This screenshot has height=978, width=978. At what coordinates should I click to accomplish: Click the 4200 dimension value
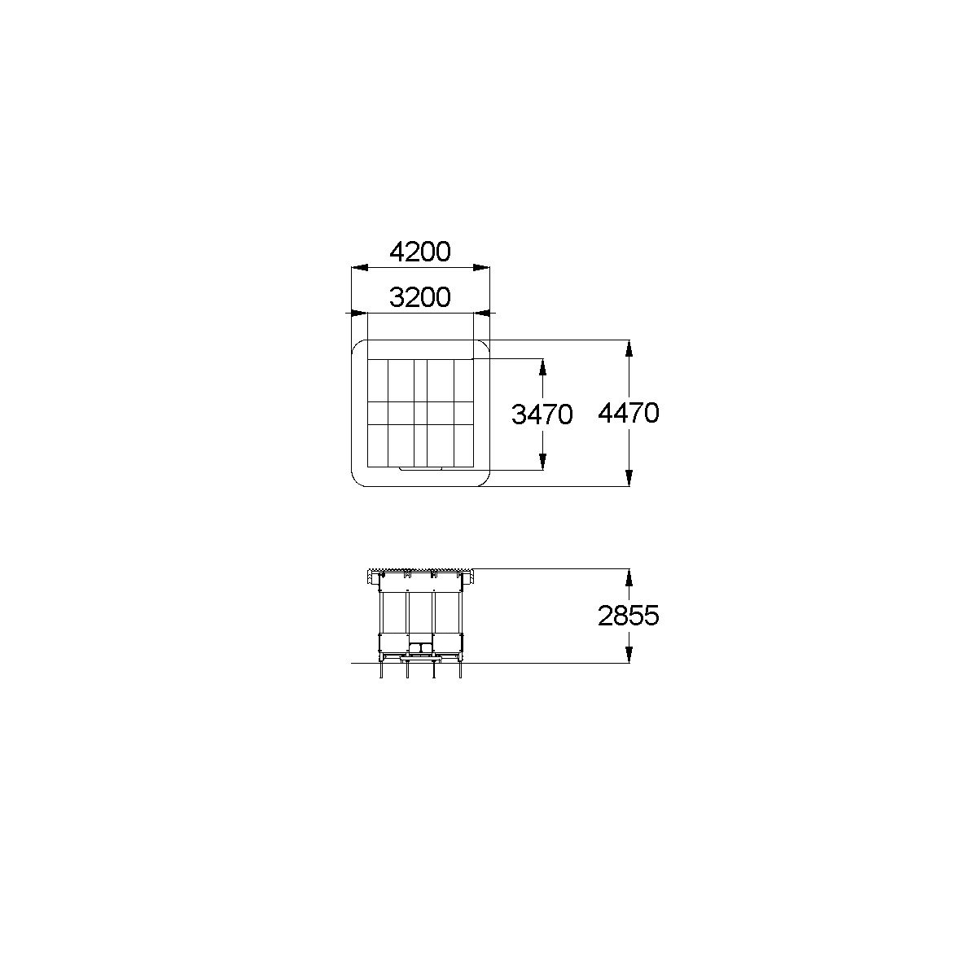click(x=419, y=252)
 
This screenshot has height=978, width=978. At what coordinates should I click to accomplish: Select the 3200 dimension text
click(x=419, y=297)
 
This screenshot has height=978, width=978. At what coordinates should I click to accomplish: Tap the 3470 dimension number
click(x=542, y=414)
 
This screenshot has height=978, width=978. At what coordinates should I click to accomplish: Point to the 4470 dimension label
click(x=629, y=413)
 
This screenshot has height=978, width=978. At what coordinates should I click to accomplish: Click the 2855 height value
click(x=629, y=616)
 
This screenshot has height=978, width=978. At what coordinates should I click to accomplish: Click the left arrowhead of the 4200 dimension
click(x=360, y=268)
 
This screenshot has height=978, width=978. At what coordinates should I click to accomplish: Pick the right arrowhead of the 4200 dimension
click(x=481, y=268)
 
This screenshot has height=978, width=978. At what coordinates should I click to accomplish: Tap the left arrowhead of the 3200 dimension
click(x=360, y=314)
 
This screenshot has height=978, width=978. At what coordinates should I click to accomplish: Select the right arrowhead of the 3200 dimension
click(x=481, y=314)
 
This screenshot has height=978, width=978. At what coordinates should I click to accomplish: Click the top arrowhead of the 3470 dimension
click(x=542, y=367)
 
